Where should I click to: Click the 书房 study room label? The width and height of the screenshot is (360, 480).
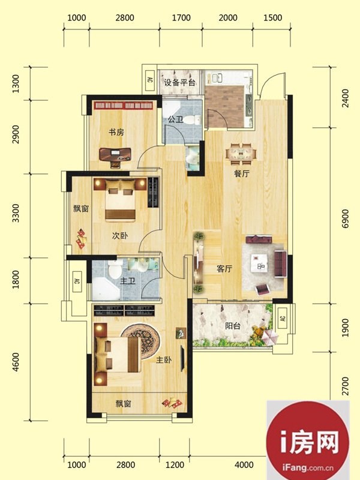click(116, 132)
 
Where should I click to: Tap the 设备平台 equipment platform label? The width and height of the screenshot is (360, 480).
click(179, 82)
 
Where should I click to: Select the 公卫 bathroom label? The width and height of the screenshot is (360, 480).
click(175, 119)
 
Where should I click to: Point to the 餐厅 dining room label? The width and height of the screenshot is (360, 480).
click(242, 173)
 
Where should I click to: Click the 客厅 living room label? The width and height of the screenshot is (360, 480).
click(224, 269)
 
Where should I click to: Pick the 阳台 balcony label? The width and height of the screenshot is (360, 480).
click(233, 326)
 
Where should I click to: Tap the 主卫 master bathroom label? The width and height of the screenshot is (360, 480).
click(128, 281)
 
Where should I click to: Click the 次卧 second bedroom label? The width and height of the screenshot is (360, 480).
click(120, 236)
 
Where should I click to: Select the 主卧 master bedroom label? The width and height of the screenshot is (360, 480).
click(164, 359)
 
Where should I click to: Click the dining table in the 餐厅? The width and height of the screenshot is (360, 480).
click(242, 153)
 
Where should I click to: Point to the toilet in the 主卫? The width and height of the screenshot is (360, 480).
click(115, 269)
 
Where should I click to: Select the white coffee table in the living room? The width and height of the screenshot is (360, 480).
click(259, 263)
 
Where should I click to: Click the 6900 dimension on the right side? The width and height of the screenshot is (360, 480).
click(345, 218)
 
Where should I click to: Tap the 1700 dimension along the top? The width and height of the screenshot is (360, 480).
click(181, 18)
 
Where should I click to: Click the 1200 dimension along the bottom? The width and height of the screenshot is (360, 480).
click(175, 464)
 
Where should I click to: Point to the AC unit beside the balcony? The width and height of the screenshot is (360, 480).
click(283, 318)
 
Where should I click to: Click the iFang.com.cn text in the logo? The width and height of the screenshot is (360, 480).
click(308, 467)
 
